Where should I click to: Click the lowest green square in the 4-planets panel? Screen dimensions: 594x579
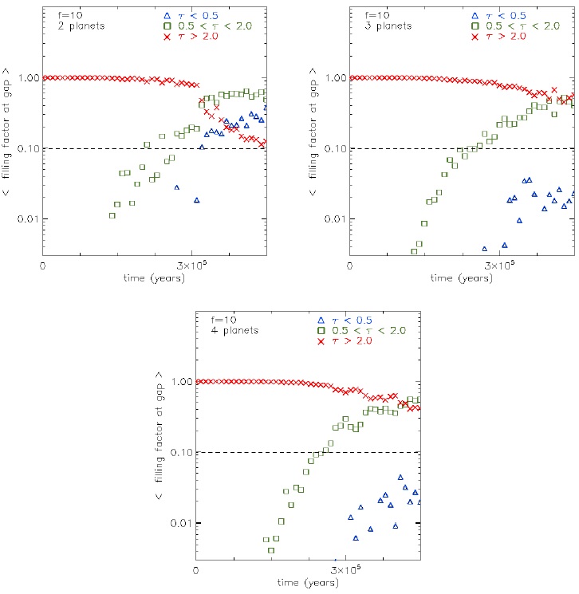coord(271,550)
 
